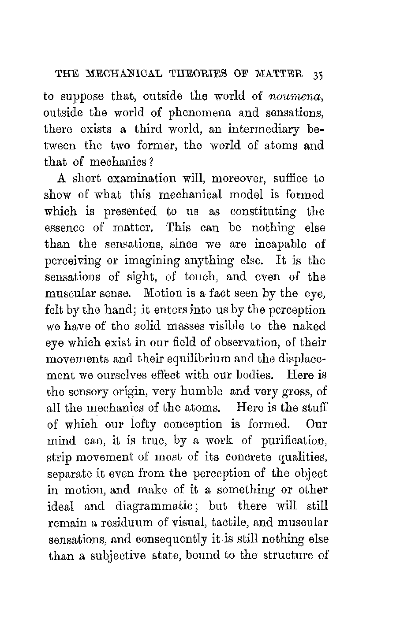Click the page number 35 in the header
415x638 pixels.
[x=318, y=75]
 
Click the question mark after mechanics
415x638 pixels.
[x=151, y=162]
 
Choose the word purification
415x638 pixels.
[x=293, y=441]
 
